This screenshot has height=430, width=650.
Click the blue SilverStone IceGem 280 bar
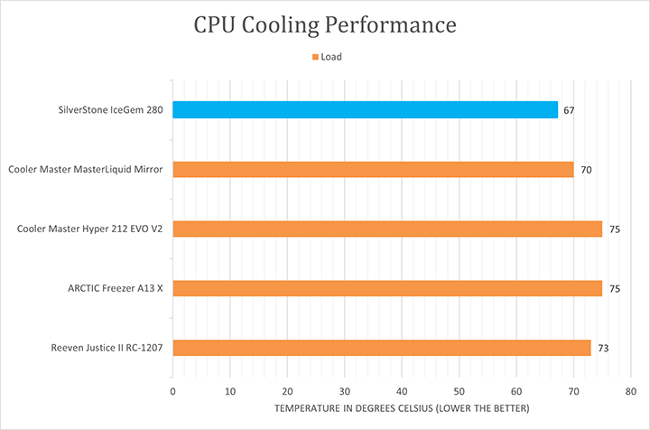(x=365, y=109)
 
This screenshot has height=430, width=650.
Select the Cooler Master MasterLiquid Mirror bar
(x=373, y=169)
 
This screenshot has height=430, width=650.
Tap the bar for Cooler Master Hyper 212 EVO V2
(x=387, y=229)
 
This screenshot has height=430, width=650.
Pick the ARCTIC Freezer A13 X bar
(x=387, y=288)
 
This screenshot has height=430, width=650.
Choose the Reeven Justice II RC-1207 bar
(x=381, y=348)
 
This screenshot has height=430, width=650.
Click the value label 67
(x=570, y=110)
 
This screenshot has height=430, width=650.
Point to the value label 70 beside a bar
(x=587, y=170)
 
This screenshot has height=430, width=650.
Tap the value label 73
(x=604, y=349)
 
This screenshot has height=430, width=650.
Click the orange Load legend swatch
(x=315, y=57)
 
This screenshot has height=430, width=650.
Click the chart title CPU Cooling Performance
(x=325, y=24)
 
